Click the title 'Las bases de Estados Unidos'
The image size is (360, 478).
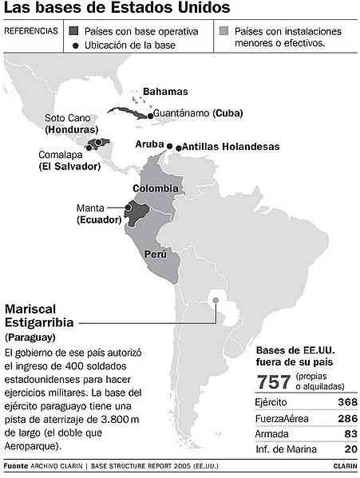click(118, 9)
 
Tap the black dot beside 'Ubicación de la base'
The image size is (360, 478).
click(75, 45)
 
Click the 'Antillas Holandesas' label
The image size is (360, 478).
click(224, 147)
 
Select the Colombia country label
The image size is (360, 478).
click(155, 188)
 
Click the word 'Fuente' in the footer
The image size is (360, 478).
click(16, 464)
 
